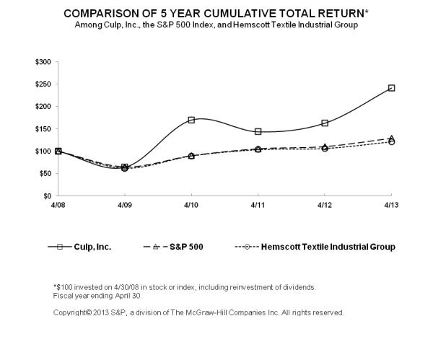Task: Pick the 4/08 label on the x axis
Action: (x=58, y=206)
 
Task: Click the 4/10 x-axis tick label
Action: (x=191, y=206)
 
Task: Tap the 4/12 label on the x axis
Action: (x=325, y=206)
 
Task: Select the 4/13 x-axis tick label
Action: (x=391, y=206)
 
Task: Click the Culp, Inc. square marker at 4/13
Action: (x=391, y=88)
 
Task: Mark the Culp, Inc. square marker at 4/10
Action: (x=191, y=120)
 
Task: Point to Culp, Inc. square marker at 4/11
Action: (x=258, y=131)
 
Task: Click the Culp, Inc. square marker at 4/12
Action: (x=325, y=123)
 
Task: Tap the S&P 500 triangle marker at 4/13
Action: (x=391, y=138)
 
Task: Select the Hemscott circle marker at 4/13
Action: (x=391, y=141)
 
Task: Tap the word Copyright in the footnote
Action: (x=71, y=313)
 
